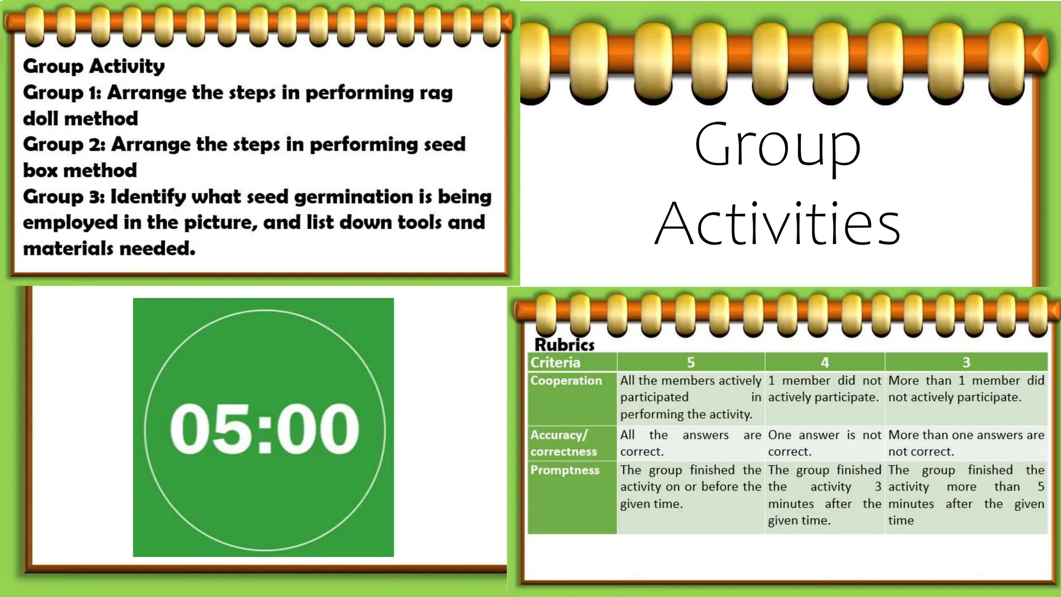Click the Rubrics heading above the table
point(564,345)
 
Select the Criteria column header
point(555,362)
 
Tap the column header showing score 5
point(691,362)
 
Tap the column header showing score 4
point(825,362)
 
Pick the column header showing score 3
point(966,362)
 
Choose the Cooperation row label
point(566,380)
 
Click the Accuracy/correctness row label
point(564,443)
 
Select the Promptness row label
point(565,470)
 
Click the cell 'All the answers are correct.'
point(691,443)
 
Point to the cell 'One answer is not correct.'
point(824,443)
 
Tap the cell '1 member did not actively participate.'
point(824,389)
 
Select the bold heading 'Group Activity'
point(94,66)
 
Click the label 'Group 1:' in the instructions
point(62,93)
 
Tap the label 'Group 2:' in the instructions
point(64,145)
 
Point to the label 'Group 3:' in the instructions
point(64,197)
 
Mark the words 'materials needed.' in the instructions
point(109,249)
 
